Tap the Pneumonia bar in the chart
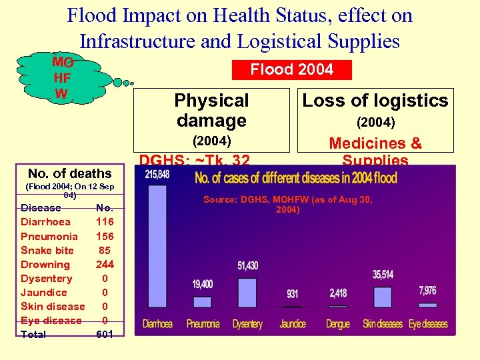202,301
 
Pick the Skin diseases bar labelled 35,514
383,297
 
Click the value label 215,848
157,175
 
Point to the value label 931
292,294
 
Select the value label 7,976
428,291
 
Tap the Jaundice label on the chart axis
292,324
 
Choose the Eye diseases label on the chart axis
428,324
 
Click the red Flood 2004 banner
291,69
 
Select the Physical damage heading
211,111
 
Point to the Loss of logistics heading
375,101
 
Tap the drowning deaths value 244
105,264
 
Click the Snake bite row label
47,250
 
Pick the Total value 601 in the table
105,334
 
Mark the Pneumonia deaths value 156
105,236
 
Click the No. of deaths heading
70,174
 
